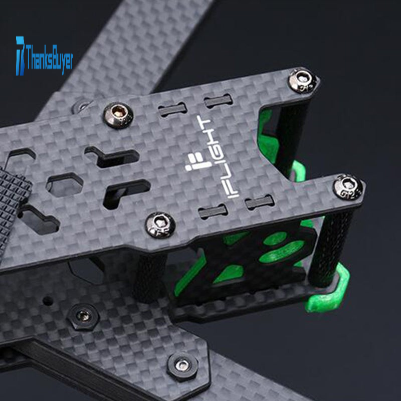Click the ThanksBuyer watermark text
[x=49, y=57]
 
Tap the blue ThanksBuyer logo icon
[x=20, y=56]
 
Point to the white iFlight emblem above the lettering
[x=197, y=162]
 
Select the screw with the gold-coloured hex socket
[x=118, y=115]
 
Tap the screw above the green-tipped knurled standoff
[x=348, y=186]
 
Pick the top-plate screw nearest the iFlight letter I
[x=160, y=225]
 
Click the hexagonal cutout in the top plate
[x=65, y=184]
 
